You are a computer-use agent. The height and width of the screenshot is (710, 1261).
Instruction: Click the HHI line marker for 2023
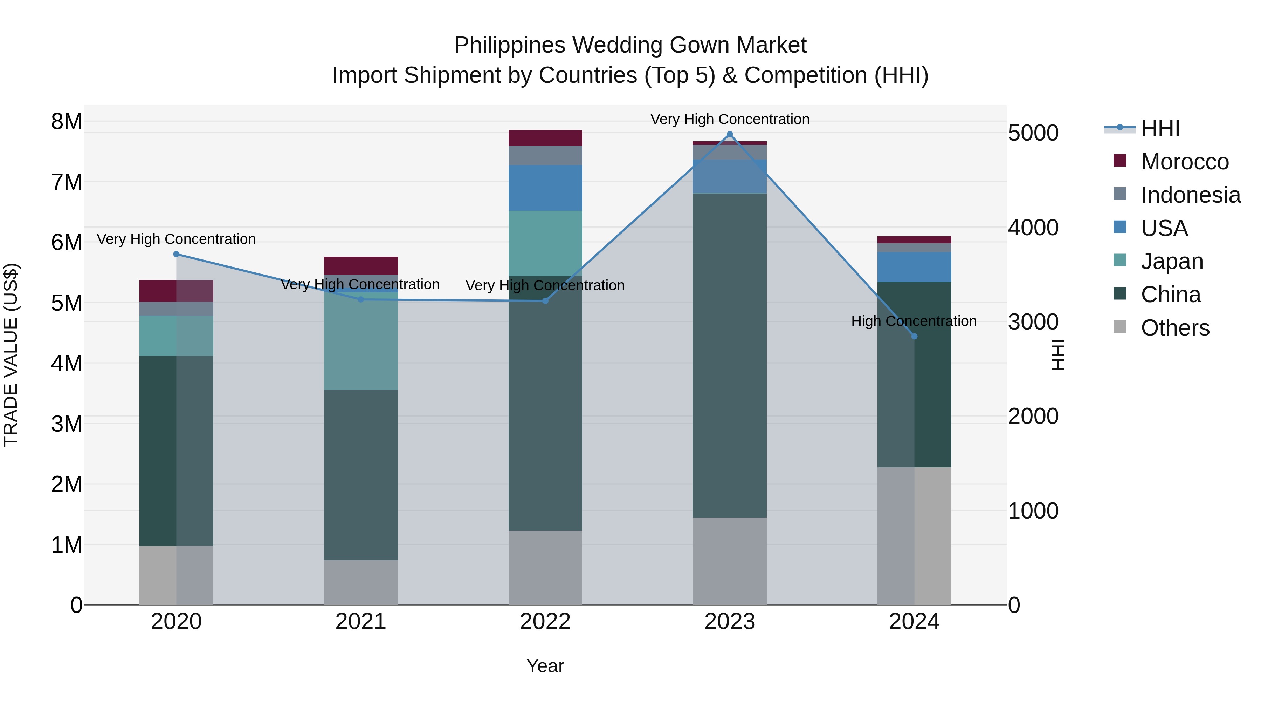click(729, 134)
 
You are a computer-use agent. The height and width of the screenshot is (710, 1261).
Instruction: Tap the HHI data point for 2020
click(176, 254)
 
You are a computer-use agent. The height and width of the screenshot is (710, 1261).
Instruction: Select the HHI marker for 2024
click(914, 336)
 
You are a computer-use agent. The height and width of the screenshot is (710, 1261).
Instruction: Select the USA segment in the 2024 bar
click(914, 267)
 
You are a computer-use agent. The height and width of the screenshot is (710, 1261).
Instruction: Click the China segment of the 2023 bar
click(729, 355)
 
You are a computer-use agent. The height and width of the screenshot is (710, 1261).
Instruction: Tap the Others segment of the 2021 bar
click(361, 582)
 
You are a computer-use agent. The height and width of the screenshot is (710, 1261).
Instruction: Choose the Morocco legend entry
click(1184, 162)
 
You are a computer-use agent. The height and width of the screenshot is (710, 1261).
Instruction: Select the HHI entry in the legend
click(1160, 128)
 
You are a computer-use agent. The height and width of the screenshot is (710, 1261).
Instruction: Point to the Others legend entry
click(1174, 328)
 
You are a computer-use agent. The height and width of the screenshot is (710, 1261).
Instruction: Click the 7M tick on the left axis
click(67, 182)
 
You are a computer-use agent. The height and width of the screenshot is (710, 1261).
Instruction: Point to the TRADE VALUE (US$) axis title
click(11, 355)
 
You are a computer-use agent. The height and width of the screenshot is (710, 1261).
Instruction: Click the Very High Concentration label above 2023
click(729, 119)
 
